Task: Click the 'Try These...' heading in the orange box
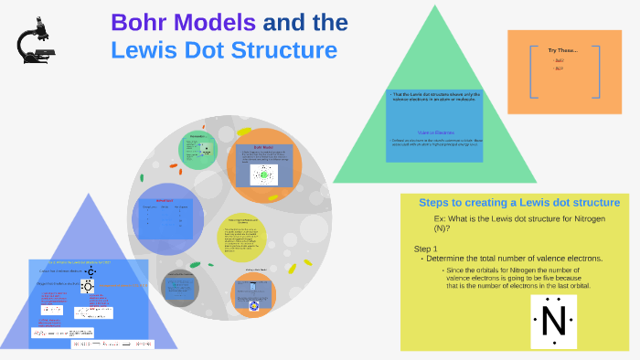562,49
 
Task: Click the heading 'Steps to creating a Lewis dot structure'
519,202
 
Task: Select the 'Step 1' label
426,249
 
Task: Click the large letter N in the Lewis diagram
553,321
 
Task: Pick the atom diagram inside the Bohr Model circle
265,174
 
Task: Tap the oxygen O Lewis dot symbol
88,286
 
